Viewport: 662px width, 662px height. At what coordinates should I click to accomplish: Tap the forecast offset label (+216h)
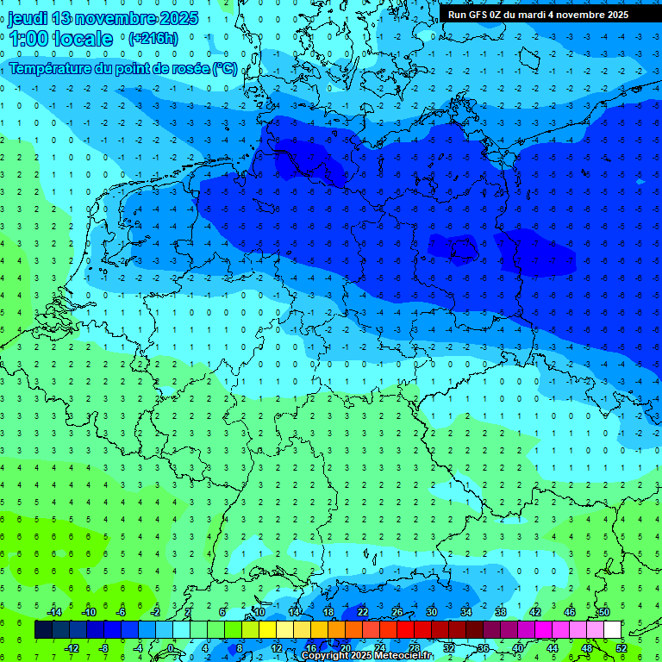[x=153, y=39]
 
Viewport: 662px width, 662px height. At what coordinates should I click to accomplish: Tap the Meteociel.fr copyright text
[x=366, y=656]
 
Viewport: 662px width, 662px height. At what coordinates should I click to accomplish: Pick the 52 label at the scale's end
[x=621, y=648]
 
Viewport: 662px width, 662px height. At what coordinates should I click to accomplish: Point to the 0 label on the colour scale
[x=172, y=648]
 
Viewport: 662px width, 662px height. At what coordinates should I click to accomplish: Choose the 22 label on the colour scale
[x=363, y=612]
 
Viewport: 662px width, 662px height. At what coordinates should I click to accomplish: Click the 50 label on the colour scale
[x=604, y=612]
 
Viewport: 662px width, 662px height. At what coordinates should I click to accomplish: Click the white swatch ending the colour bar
[x=613, y=630]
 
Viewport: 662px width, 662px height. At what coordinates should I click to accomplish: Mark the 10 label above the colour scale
[x=259, y=612]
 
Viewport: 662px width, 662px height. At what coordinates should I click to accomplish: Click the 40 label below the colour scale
[x=518, y=648]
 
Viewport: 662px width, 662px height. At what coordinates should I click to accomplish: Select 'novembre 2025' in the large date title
[x=138, y=18]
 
